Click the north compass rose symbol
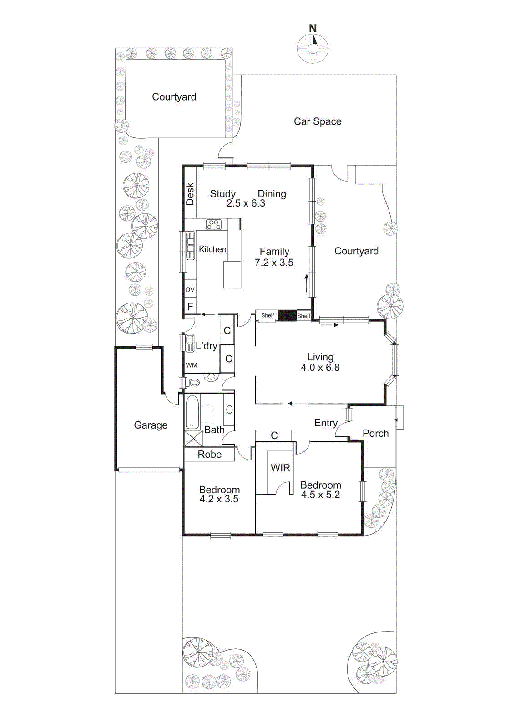tap(313, 48)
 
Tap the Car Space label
tap(318, 121)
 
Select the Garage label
tap(151, 425)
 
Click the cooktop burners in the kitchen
tap(214, 224)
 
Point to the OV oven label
tap(190, 289)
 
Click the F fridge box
tap(190, 307)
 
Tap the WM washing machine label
tap(192, 365)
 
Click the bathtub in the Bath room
tap(192, 412)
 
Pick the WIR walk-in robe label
tap(280, 468)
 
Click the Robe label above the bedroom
tap(209, 454)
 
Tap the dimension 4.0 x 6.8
tap(320, 368)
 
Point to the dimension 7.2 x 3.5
tap(274, 263)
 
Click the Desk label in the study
tap(190, 194)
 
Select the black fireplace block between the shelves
tap(287, 315)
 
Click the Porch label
tap(375, 433)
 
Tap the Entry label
tap(326, 423)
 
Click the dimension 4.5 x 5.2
tap(320, 495)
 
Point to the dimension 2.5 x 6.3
tap(246, 203)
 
